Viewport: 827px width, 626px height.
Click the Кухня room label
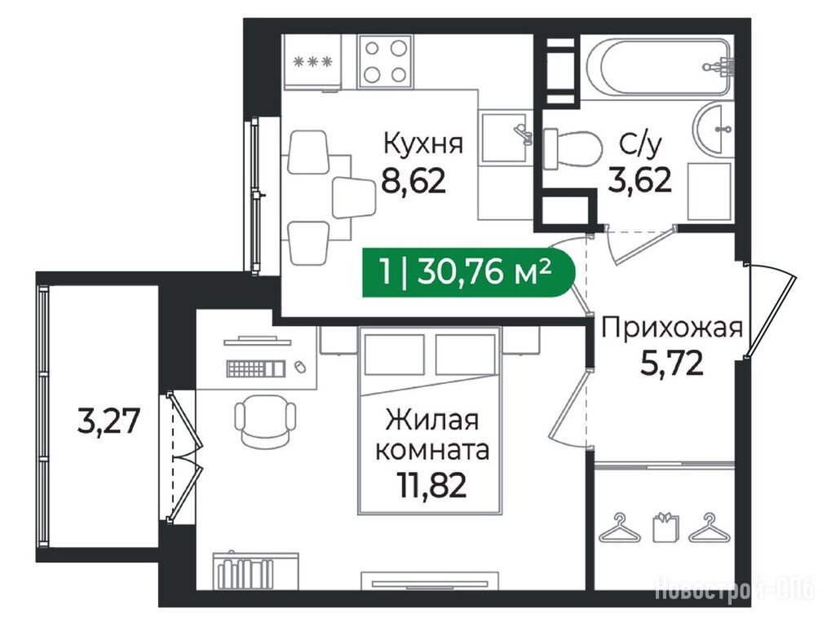[423, 143]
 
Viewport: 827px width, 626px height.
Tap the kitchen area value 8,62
[414, 182]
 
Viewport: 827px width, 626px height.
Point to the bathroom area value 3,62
[639, 181]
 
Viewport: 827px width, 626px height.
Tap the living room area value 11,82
[432, 486]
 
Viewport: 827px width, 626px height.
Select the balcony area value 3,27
[108, 421]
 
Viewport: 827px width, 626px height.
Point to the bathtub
[660, 66]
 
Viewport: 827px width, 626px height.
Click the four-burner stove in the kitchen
[386, 61]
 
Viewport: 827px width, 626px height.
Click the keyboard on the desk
[256, 368]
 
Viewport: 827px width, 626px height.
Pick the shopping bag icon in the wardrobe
[666, 527]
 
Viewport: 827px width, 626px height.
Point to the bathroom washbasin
[712, 129]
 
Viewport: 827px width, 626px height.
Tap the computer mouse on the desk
[300, 367]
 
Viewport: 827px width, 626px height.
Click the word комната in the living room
[432, 451]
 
